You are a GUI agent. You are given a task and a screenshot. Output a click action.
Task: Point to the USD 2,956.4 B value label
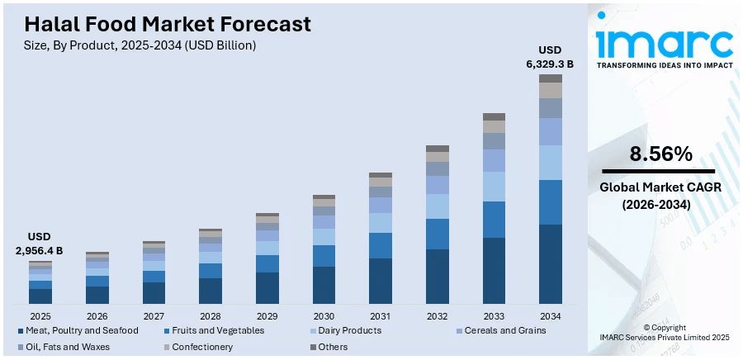click(x=40, y=244)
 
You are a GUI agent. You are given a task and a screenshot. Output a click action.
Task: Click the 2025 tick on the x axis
click(x=40, y=316)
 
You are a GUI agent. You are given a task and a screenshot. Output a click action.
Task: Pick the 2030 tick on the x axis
click(x=324, y=316)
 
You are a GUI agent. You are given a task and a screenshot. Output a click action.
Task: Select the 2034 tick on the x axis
click(x=550, y=316)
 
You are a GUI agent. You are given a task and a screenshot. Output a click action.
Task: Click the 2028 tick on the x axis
click(x=211, y=316)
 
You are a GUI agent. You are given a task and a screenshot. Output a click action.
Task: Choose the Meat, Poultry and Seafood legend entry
click(x=78, y=330)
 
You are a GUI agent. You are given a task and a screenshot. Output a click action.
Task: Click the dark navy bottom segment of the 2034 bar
click(x=550, y=264)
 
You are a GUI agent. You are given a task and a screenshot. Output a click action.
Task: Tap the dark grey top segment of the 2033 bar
click(x=494, y=117)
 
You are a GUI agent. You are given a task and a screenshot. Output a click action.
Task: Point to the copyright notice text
click(x=665, y=333)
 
